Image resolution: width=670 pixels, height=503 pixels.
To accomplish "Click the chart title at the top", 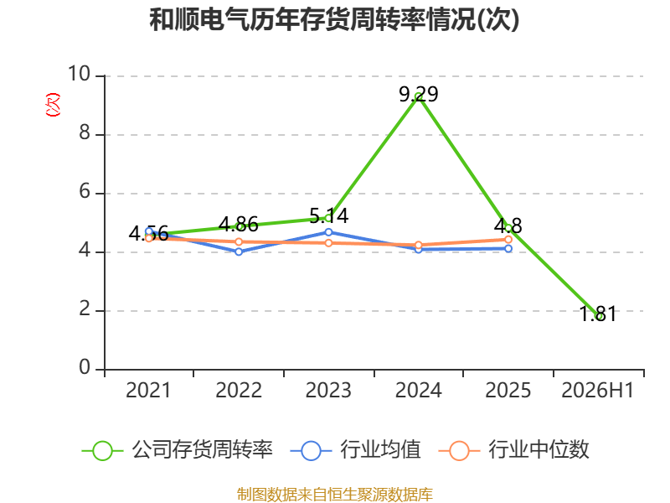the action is [334, 20].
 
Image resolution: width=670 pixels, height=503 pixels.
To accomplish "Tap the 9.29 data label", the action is [419, 94].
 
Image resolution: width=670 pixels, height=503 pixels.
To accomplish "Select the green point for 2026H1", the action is [598, 316].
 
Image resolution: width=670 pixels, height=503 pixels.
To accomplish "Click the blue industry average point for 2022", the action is [239, 251].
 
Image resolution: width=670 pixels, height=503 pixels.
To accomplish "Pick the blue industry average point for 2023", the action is [328, 232].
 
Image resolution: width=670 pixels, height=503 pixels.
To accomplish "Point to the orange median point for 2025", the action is [508, 240].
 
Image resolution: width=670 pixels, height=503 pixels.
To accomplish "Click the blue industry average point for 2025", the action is [508, 248].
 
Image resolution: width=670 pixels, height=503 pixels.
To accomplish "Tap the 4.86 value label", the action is [239, 225].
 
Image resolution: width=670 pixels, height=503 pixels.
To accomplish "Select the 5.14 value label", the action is [328, 215].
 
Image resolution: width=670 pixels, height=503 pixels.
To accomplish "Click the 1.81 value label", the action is [598, 314].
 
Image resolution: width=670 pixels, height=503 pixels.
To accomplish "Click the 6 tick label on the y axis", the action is [85, 192].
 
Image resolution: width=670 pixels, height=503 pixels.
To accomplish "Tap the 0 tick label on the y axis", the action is [85, 367].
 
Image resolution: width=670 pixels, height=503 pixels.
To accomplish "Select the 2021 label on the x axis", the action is [148, 390].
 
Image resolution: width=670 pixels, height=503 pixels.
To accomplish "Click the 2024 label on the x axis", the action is [418, 390].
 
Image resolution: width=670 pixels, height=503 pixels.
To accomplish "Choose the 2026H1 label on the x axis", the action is [597, 390].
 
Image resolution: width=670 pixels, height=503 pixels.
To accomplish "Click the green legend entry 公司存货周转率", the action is [178, 450].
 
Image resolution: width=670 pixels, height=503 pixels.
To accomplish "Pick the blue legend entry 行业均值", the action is [355, 450].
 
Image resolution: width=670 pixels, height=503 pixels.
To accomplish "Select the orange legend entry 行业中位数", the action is [514, 450].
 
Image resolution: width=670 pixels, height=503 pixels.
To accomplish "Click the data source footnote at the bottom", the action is [335, 495].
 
